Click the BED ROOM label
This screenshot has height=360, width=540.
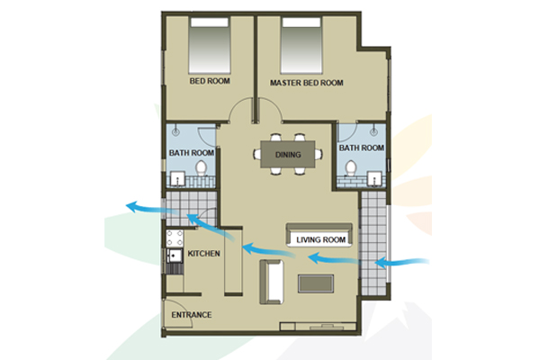point(210,81)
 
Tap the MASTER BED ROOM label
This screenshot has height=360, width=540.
point(307,83)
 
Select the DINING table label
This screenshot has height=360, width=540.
point(288,155)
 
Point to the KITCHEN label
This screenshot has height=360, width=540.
point(204,254)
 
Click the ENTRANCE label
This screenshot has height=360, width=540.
point(192,315)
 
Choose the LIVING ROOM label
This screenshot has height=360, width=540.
point(321,239)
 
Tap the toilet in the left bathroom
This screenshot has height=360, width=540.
point(201,168)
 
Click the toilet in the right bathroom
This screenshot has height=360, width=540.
point(351,167)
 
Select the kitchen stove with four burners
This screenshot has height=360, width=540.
point(175,238)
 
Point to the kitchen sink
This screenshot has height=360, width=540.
point(175,256)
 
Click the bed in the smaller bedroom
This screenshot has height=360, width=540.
point(210,46)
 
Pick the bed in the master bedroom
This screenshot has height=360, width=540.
point(301,46)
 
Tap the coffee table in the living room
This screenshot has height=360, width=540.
point(316,283)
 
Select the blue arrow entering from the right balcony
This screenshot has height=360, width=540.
point(402,263)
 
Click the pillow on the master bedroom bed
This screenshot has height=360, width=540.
point(301,22)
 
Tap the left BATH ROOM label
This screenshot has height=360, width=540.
point(192,153)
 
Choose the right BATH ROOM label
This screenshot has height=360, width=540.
point(361,148)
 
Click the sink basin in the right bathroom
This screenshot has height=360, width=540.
point(374,178)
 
